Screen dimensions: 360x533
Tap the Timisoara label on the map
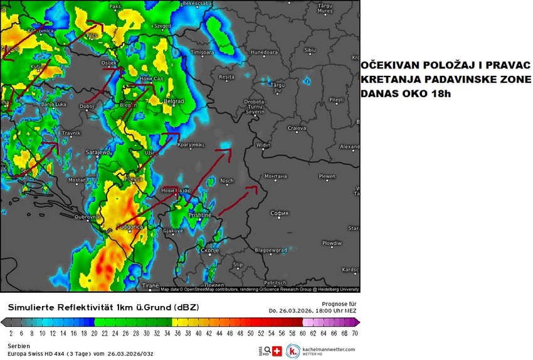click(203, 52)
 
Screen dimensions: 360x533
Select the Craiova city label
click(296, 128)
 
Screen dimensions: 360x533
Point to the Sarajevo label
click(98, 152)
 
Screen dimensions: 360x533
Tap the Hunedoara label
click(263, 52)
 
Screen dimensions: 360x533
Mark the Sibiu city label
click(310, 50)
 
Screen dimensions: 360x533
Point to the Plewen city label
click(327, 177)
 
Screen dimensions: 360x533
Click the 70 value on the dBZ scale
click(355, 333)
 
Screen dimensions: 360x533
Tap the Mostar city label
click(77, 180)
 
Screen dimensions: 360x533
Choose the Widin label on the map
click(264, 146)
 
